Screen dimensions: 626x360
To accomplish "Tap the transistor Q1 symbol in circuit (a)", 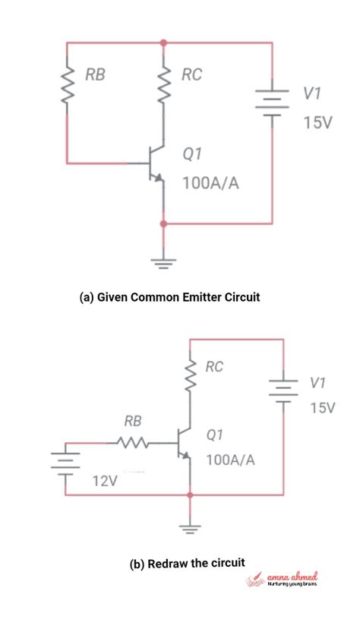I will click(155, 163).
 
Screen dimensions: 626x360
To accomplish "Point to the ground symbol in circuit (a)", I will click(163, 263).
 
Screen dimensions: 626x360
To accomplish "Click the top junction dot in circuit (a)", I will click(163, 43).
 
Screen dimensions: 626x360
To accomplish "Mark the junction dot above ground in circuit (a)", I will click(163, 224).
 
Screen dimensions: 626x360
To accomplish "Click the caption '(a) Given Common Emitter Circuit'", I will click(169, 297).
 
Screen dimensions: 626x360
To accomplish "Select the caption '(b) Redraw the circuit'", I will click(187, 563).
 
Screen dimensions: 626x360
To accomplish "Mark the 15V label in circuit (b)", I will click(321, 408).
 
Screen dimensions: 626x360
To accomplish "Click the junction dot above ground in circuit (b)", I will click(189, 495).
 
